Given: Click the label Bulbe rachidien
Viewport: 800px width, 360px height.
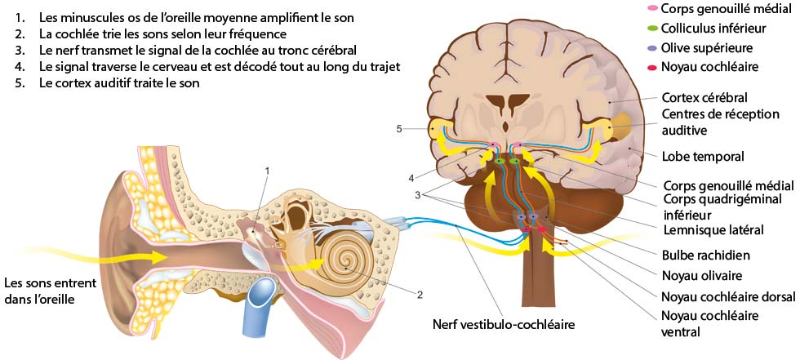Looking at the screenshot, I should (x=708, y=255).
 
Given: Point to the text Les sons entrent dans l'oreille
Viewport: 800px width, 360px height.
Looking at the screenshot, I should (x=51, y=291).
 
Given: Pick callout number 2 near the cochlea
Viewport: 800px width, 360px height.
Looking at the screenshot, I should (x=419, y=294).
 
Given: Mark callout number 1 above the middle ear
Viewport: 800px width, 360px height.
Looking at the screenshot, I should (x=266, y=170).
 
